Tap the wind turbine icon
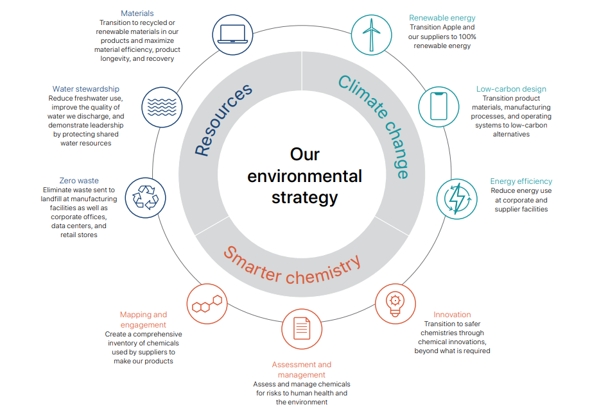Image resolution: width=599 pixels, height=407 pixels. click(x=371, y=34)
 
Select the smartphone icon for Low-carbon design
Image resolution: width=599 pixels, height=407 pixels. click(x=438, y=106)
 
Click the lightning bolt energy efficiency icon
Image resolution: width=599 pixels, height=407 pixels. click(x=457, y=198)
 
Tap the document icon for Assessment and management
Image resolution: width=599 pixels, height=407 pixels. click(x=302, y=329)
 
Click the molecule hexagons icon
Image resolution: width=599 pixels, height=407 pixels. click(x=207, y=303)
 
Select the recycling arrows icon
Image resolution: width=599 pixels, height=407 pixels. click(x=144, y=197)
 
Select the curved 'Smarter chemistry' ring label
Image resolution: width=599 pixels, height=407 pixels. click(x=292, y=263)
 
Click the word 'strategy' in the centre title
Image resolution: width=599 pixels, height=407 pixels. click(x=304, y=197)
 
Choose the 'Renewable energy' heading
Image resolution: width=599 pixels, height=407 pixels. click(x=442, y=18)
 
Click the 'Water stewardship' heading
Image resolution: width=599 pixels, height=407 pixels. click(x=86, y=89)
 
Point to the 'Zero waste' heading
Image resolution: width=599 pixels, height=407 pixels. click(x=79, y=181)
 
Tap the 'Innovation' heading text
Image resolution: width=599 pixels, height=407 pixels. click(x=452, y=315)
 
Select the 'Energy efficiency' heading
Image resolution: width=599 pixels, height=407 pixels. click(x=521, y=181)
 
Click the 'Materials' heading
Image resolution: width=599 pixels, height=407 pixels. click(x=137, y=13)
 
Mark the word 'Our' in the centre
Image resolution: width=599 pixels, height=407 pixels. click(x=305, y=154)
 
